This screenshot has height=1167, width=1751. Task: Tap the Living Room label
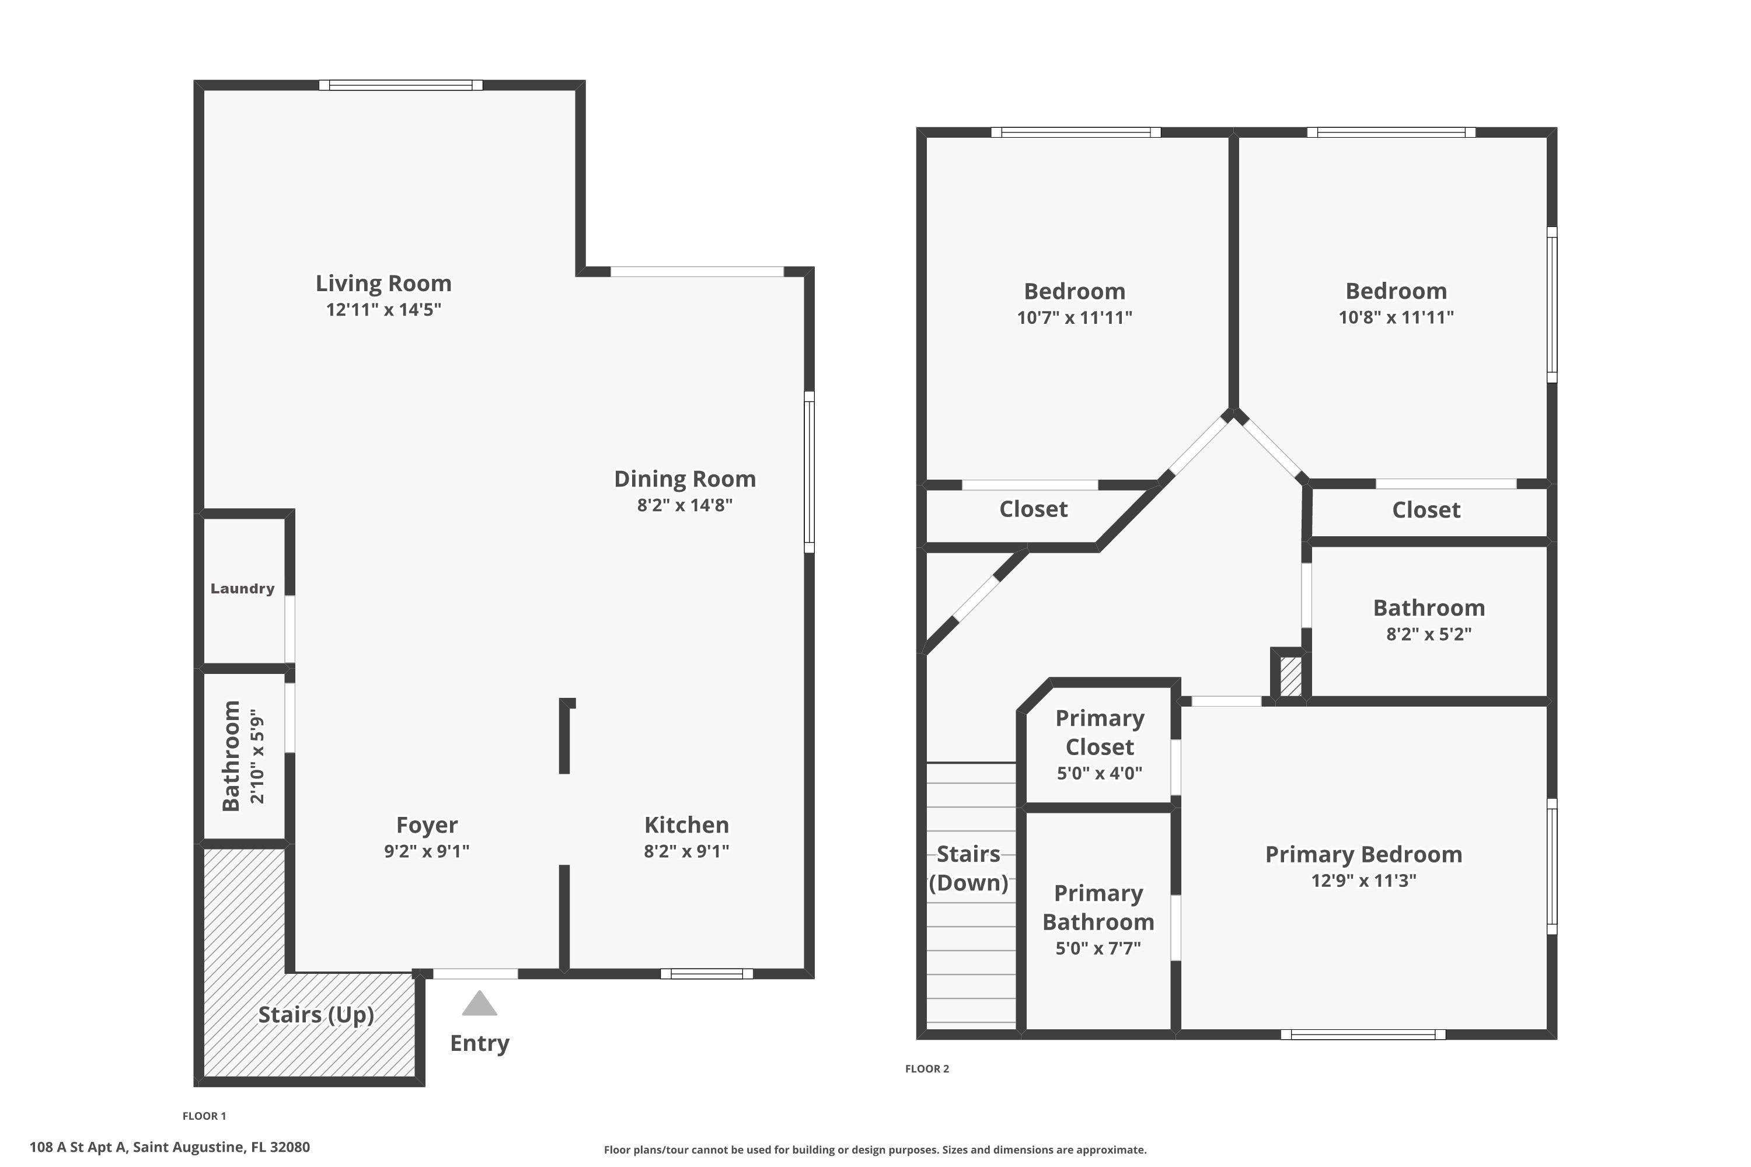(383, 283)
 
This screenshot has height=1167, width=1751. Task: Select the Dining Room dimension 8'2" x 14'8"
(685, 505)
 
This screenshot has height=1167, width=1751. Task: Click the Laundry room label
(243, 589)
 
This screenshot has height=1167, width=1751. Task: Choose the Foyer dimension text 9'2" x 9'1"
(427, 851)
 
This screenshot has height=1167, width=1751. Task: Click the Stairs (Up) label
(316, 1015)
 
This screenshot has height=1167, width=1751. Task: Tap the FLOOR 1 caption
(204, 1116)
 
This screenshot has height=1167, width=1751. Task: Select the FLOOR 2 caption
(927, 1069)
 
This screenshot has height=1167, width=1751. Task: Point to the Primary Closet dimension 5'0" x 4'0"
(1100, 773)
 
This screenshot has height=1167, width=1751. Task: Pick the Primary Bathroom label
(1098, 907)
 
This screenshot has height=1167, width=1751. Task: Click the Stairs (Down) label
(968, 868)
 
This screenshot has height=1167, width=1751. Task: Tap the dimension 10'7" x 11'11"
(1075, 317)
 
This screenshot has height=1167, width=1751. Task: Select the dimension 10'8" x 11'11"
(1396, 317)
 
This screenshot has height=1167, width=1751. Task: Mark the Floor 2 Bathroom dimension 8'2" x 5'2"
(1429, 634)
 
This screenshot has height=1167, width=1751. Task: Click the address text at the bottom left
(170, 1147)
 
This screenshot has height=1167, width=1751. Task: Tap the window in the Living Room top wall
(400, 85)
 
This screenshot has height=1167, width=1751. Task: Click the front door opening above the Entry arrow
(475, 973)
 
